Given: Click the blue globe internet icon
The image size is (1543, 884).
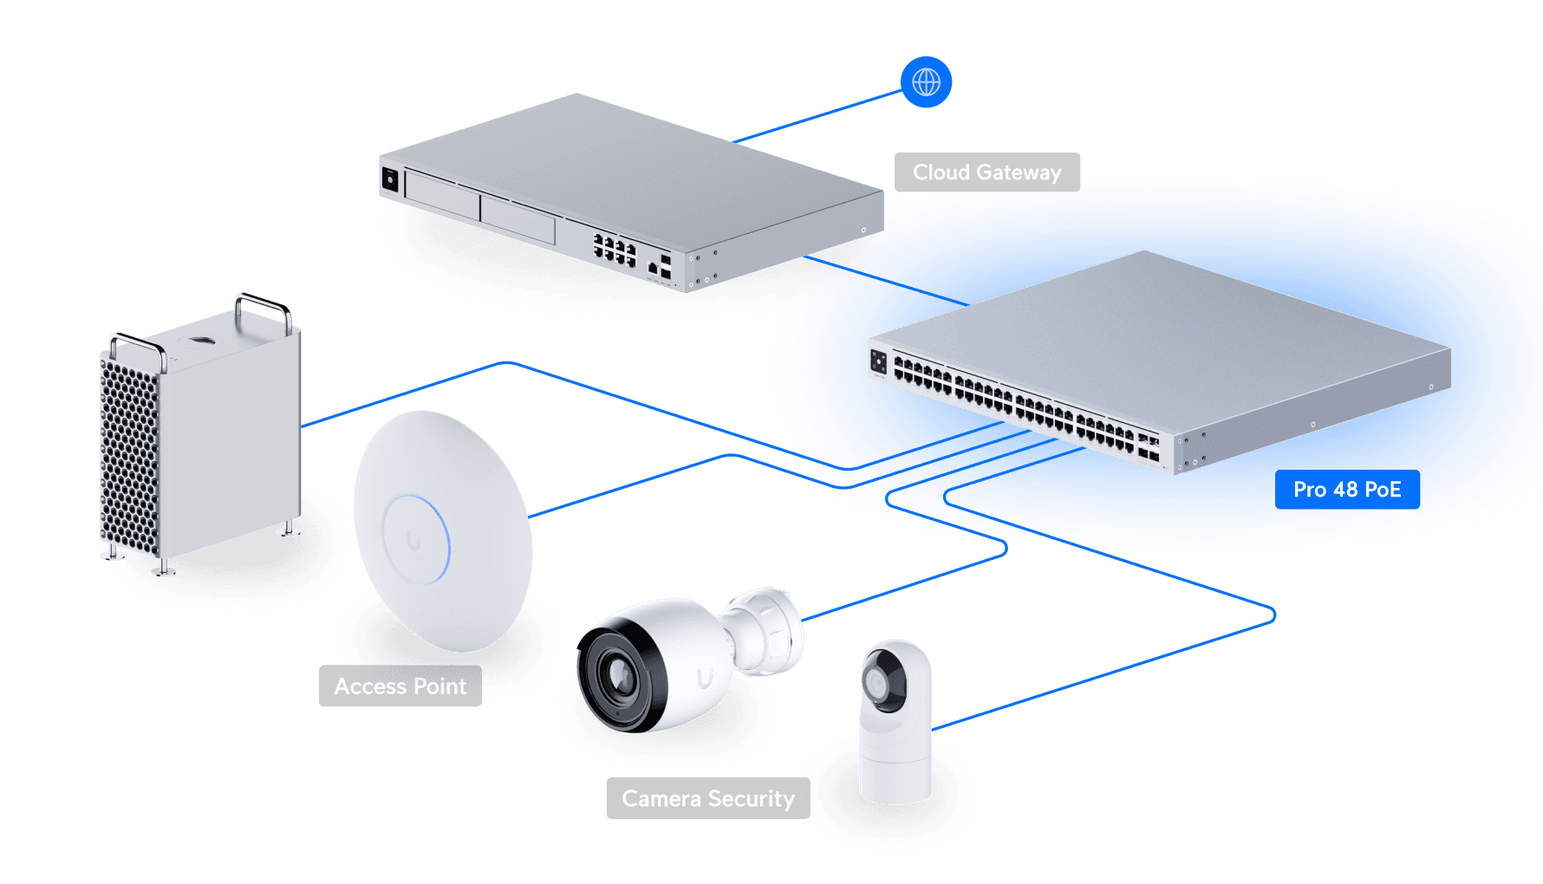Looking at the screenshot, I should [926, 82].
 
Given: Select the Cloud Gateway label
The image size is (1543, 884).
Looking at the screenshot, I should [986, 172].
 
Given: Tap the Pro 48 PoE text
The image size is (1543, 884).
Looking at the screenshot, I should [1346, 490].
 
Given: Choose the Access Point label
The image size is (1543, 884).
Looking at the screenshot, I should [400, 686].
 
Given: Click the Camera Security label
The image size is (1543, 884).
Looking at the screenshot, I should [707, 798].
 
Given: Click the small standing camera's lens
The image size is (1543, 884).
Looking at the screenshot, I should [876, 686].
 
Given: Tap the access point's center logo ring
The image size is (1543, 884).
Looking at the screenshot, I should [415, 540].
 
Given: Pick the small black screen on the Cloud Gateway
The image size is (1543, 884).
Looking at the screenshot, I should [390, 179].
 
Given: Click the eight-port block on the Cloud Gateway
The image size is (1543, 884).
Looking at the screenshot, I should [615, 249].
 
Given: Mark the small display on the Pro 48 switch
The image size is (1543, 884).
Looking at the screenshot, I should [878, 361].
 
